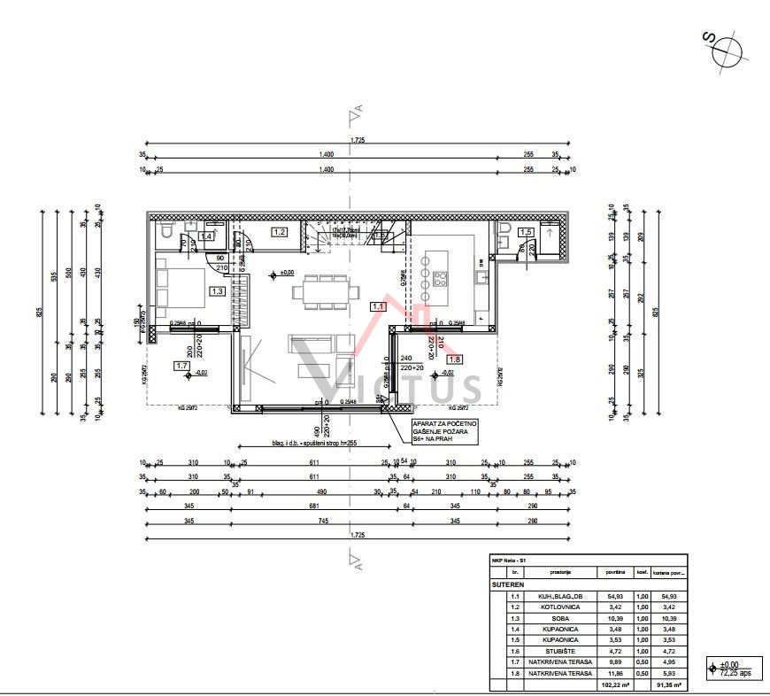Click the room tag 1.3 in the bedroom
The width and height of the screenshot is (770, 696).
click(217, 290)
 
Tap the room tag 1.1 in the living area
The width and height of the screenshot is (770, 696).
click(378, 306)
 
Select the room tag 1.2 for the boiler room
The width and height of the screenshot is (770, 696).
click(280, 232)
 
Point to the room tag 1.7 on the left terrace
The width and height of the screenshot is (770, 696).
click(182, 365)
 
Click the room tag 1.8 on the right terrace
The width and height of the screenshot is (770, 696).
click(455, 360)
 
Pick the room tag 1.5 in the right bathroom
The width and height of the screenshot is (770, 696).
click(526, 232)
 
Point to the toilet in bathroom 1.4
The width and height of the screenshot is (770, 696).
click(166, 233)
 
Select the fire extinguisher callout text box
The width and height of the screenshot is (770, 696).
click(444, 429)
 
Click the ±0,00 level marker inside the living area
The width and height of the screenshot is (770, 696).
click(282, 273)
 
